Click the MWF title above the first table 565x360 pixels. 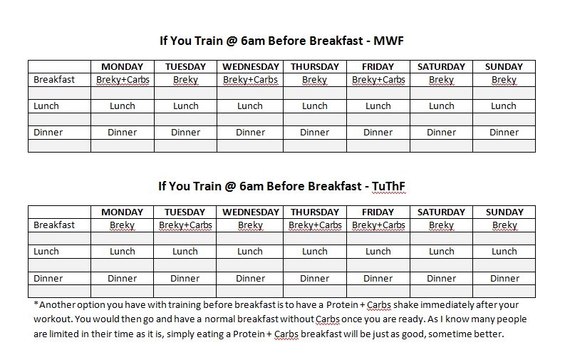coord(281,41)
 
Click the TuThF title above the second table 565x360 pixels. coord(281,186)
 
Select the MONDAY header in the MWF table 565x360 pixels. coord(122,67)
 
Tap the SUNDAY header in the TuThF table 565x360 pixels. coord(504,212)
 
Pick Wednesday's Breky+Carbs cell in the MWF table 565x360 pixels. coord(250,80)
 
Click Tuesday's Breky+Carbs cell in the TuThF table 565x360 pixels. coord(185,225)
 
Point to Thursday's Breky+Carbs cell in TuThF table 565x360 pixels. coord(315,225)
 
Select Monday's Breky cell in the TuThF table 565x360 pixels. coord(122,225)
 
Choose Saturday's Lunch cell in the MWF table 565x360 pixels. coord(442,106)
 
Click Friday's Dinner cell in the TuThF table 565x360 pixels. coord(378,278)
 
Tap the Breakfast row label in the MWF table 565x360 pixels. coord(54,80)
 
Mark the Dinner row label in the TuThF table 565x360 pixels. coord(48,278)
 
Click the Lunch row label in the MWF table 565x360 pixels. coord(46,106)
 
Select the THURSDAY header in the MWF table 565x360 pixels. coord(315,67)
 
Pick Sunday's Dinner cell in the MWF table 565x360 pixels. coord(504,133)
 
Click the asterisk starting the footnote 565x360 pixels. coord(36,304)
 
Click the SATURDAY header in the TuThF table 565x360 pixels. coord(442,212)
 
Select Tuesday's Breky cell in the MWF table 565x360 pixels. coord(185,80)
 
